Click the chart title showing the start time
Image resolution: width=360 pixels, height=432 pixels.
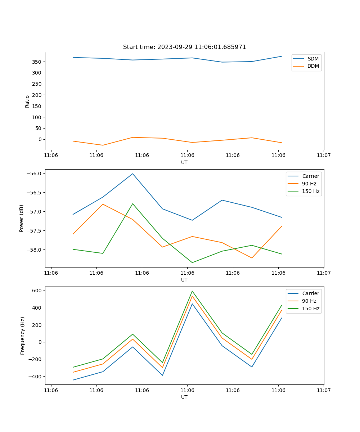(184, 47)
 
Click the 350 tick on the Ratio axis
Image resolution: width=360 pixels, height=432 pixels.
(37, 62)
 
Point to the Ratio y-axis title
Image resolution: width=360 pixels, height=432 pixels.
(27, 101)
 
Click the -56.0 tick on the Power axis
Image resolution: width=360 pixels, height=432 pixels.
(35, 174)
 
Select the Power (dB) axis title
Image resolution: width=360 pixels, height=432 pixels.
(22, 218)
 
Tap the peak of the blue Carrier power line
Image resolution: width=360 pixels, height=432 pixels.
(132, 174)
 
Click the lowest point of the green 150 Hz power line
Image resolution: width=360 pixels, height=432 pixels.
(192, 262)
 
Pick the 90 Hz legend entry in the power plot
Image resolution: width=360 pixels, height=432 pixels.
(309, 184)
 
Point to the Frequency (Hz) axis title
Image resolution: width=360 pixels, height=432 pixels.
(23, 336)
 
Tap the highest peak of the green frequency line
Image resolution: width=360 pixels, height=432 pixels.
(192, 291)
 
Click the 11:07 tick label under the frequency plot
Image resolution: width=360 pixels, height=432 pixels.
(324, 390)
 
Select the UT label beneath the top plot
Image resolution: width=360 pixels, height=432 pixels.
(184, 162)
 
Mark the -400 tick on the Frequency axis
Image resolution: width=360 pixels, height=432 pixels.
(36, 377)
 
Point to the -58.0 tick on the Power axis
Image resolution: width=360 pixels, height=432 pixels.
(35, 250)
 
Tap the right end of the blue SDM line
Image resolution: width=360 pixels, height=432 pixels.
(282, 56)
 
